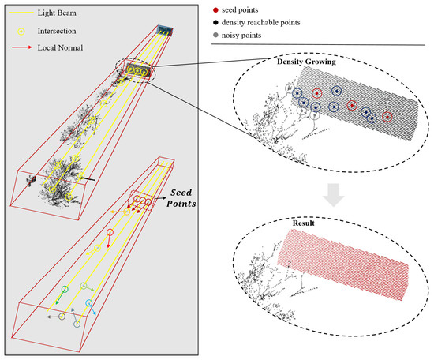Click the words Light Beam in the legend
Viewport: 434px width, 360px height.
pyautogui.click(x=57, y=13)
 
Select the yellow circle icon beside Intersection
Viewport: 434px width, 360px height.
pyautogui.click(x=21, y=32)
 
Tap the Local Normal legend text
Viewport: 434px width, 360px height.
pyautogui.click(x=60, y=47)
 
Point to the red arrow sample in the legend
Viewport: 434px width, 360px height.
pyautogui.click(x=22, y=47)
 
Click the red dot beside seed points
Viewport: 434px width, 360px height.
pyautogui.click(x=215, y=10)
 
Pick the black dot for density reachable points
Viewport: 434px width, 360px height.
pyautogui.click(x=215, y=22)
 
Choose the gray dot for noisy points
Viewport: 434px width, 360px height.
pyautogui.click(x=215, y=36)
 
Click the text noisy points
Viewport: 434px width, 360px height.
pyautogui.click(x=241, y=36)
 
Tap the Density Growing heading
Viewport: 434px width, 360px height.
pyautogui.click(x=306, y=62)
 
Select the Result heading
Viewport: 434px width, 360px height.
pyautogui.click(x=304, y=223)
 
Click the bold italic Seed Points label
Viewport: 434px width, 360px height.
pyautogui.click(x=181, y=198)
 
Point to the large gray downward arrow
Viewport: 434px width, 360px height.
pyautogui.click(x=334, y=195)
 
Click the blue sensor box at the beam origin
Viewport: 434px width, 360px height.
pyautogui.click(x=165, y=31)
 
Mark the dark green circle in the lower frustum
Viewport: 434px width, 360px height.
pyautogui.click(x=65, y=289)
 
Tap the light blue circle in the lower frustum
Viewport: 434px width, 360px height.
pyautogui.click(x=89, y=302)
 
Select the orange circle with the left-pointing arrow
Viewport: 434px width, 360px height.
pyautogui.click(x=127, y=212)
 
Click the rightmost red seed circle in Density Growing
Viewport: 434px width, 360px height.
pyautogui.click(x=387, y=117)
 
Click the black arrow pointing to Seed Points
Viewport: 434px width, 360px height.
pyautogui.click(x=160, y=198)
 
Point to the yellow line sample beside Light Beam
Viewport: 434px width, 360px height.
pyautogui.click(x=22, y=13)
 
